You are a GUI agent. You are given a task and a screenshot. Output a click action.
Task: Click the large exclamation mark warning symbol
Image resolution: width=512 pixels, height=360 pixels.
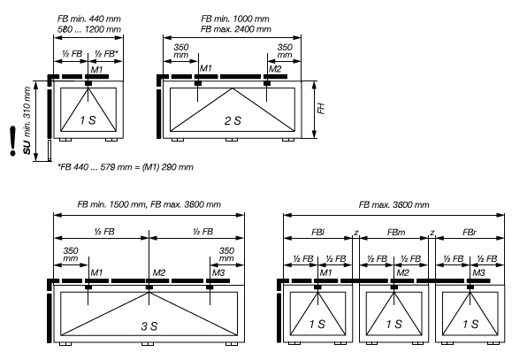coord(13,141)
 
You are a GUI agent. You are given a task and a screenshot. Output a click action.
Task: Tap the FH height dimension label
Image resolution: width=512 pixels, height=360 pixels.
coord(322,109)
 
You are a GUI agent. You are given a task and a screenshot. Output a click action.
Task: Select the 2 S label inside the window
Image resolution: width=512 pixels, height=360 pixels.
coord(233,121)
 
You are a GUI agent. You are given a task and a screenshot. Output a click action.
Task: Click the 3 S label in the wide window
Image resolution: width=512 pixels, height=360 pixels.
coord(149,326)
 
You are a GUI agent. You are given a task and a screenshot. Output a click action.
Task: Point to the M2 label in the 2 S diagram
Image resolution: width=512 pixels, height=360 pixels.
coord(275,69)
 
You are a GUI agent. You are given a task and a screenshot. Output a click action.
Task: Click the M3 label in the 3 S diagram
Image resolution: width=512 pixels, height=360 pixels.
coord(218,272)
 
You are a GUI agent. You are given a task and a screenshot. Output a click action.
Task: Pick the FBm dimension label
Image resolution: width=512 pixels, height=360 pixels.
coord(396,233)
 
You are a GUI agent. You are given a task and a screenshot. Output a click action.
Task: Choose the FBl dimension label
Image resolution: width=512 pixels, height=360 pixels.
coord(317,233)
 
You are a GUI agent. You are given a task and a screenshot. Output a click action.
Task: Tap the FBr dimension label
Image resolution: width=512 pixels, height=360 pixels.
coord(470,233)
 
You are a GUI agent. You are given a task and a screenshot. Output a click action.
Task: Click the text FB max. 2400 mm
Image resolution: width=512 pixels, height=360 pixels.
coord(236,29)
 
